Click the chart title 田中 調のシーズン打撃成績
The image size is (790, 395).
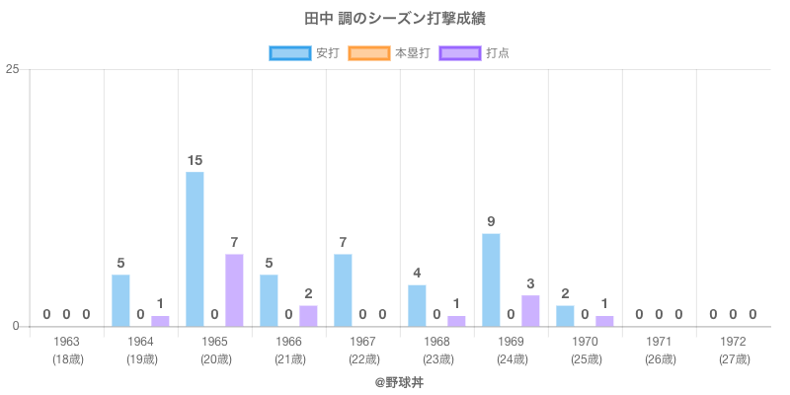point(395,19)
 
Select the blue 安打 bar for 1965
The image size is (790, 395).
point(195,249)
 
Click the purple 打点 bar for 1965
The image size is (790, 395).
point(234,290)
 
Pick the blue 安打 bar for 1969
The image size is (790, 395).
point(491,279)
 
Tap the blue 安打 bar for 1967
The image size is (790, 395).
point(343,290)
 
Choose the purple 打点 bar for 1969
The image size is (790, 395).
point(530,311)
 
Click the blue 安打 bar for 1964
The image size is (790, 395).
point(120,300)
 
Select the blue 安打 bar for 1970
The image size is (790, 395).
point(565,316)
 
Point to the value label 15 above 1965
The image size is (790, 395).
point(195,160)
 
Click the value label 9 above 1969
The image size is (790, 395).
point(491,221)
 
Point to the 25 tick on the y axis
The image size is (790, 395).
point(13,69)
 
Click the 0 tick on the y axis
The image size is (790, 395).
point(16,326)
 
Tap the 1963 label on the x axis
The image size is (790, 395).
point(67,342)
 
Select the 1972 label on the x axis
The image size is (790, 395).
point(733,342)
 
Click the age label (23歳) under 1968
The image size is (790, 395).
point(437,358)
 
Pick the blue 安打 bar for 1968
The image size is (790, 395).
point(417,305)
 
